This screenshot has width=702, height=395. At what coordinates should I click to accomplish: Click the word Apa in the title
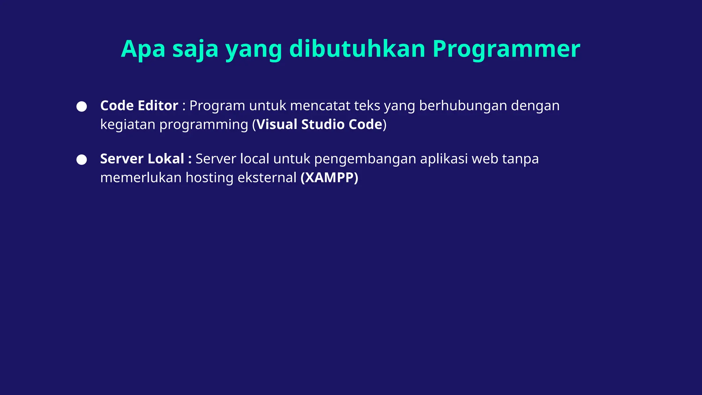(x=143, y=49)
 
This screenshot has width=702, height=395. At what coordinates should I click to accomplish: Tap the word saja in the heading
(x=195, y=49)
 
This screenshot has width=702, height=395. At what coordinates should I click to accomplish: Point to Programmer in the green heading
(x=506, y=49)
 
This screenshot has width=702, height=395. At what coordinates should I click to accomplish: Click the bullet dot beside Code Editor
(x=82, y=106)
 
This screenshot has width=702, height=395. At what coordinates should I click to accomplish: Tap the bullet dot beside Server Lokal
(x=82, y=159)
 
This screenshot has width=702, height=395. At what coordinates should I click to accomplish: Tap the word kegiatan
(x=128, y=124)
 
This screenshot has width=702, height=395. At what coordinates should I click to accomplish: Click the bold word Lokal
(x=166, y=159)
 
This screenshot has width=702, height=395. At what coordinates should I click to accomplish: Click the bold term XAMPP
(x=329, y=178)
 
